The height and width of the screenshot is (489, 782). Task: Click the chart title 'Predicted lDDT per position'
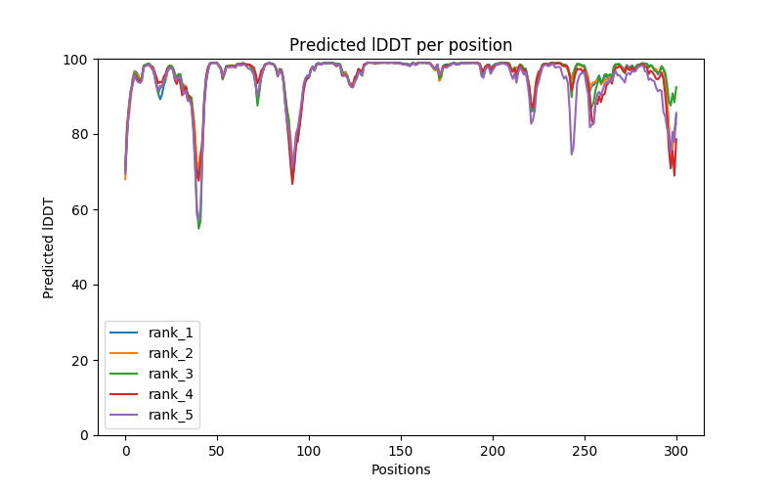tap(401, 45)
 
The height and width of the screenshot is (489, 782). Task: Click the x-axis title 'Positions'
tap(401, 469)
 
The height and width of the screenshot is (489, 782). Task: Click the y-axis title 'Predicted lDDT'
tap(49, 247)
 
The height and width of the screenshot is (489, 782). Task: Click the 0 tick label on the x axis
tap(125, 450)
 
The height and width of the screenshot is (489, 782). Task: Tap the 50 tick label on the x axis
tap(217, 450)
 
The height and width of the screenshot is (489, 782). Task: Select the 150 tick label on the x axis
tap(401, 450)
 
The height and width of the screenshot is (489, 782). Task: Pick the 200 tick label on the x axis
tap(493, 450)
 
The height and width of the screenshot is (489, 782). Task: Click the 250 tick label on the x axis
tap(585, 450)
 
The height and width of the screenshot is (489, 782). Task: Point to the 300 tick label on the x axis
tap(676, 450)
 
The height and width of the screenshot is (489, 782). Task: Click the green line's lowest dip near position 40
tap(199, 228)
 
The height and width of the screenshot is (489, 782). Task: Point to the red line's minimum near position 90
tap(292, 184)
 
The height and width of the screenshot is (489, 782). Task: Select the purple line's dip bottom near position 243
tap(572, 154)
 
